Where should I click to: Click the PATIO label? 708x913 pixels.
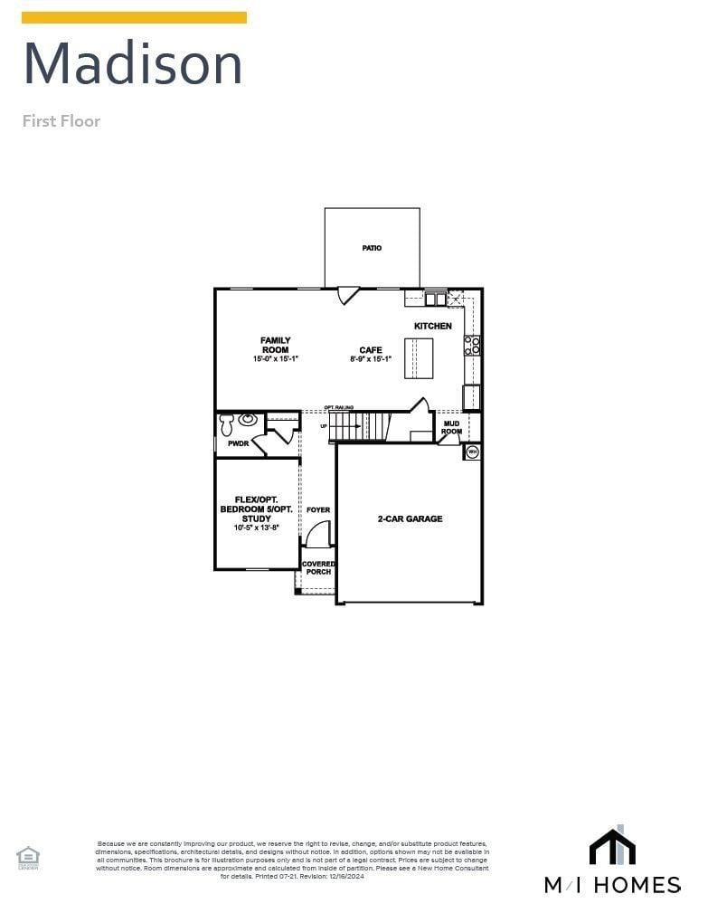point(372,248)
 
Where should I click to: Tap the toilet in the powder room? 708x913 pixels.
point(226,423)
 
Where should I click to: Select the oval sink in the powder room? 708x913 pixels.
point(247,420)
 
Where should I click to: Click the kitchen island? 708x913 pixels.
point(419,357)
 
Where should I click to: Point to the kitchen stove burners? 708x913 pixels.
point(472,345)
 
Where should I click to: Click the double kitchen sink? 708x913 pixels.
point(435,299)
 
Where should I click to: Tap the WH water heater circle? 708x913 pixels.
point(472,452)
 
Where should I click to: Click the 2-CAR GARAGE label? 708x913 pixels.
point(410,519)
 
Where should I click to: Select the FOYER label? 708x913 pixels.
point(318,510)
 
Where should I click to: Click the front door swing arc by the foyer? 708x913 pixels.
point(316,535)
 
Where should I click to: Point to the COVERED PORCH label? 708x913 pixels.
point(318,567)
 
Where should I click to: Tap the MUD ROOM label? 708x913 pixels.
point(451,427)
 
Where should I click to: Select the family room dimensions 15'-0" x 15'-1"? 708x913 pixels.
point(276,359)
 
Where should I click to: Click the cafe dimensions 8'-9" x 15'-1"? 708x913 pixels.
point(371,359)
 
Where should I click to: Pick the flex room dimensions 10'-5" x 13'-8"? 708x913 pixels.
point(256,528)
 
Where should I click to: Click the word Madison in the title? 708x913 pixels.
point(133,64)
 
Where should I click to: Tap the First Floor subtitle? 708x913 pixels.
point(61,121)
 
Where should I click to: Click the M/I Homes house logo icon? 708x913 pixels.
point(612,847)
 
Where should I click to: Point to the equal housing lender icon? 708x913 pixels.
point(28,856)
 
